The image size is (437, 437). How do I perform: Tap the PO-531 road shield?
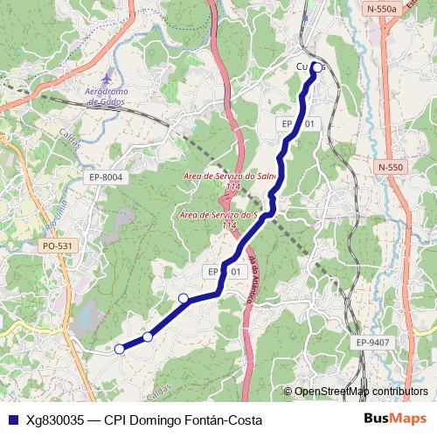coord(57,246)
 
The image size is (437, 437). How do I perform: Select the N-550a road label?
coord(381,8)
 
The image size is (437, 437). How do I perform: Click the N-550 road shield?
coord(391,167)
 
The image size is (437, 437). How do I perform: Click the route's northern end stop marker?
coord(316,66)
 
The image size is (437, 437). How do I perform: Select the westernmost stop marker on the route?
coord(120,350)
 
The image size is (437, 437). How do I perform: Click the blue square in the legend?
coord(12,420)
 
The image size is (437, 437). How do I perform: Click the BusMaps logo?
coord(395,420)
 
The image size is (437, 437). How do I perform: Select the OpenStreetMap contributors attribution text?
coord(361,392)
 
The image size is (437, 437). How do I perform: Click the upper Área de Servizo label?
coord(229,177)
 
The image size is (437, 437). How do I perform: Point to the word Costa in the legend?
coord(245,420)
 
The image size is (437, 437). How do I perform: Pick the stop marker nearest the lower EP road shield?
coord(184,299)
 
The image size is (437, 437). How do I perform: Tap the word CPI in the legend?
coord(115,420)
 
